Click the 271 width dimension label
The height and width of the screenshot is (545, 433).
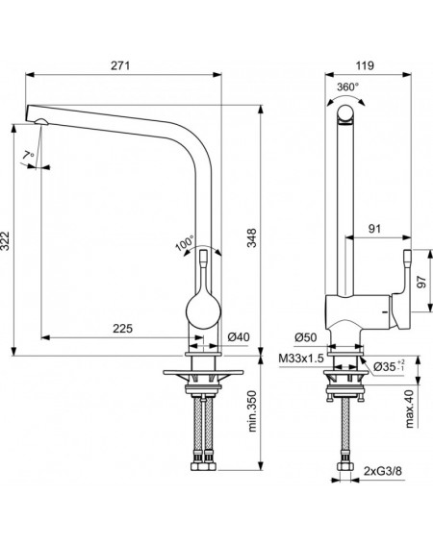point(120,65)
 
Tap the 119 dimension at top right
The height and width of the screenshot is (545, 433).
point(365,65)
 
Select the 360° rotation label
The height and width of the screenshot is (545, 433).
point(347,87)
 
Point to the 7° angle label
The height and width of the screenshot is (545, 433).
point(28,156)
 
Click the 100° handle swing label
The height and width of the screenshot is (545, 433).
point(185,243)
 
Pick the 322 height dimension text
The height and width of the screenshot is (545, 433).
point(5,240)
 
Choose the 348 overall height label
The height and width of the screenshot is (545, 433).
point(251,237)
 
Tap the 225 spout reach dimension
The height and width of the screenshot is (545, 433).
point(122,328)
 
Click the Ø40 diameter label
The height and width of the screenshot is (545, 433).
point(239,336)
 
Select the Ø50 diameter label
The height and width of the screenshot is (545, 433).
point(306,336)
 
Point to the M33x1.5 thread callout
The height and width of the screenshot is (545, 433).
point(301,358)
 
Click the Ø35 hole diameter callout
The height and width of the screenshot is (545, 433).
point(389,366)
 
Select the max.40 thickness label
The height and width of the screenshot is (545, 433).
point(409,409)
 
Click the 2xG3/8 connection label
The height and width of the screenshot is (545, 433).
point(383,471)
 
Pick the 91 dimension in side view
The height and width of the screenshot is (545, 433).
point(374,229)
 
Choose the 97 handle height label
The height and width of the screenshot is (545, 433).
point(421,282)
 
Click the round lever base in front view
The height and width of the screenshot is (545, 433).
point(204,311)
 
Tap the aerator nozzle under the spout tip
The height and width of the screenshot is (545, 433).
point(41,121)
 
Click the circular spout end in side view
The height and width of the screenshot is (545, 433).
point(345,113)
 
